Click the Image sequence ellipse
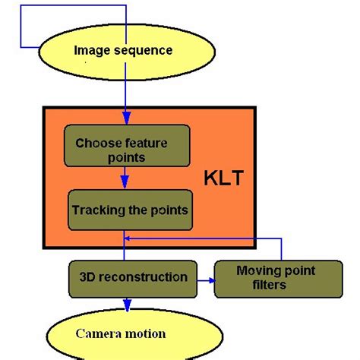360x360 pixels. point(123,51)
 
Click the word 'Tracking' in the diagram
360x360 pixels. point(96,208)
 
